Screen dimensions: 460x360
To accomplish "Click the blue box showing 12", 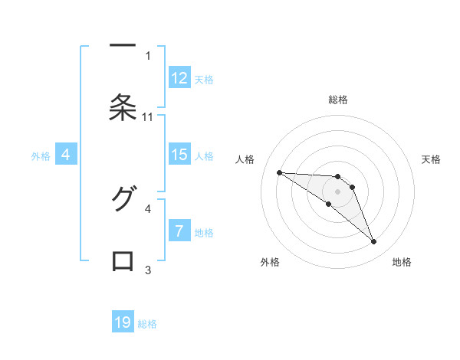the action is [x=179, y=78].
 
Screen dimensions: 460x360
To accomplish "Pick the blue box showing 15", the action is [x=179, y=155].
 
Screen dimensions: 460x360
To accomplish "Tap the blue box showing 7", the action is [x=179, y=231].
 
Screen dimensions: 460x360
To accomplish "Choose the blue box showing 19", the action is [x=123, y=322].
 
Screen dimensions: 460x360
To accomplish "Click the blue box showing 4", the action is [x=66, y=155].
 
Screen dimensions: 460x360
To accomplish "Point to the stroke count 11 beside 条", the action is [x=148, y=116].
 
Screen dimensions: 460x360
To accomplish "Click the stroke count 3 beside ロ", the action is [x=148, y=270].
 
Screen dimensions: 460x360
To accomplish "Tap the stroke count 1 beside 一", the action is [x=148, y=55].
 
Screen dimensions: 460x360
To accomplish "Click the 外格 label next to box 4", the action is [x=41, y=155].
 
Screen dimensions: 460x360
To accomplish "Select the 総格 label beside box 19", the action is [x=147, y=323].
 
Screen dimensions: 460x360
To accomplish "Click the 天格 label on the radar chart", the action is [x=432, y=159].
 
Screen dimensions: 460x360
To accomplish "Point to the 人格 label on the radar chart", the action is [x=245, y=159].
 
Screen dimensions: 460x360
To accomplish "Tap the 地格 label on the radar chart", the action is [x=402, y=262].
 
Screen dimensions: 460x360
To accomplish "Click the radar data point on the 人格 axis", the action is [x=279, y=172].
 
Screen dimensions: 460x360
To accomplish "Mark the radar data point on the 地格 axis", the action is [x=373, y=242].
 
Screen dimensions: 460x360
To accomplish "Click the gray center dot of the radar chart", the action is [x=337, y=191].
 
